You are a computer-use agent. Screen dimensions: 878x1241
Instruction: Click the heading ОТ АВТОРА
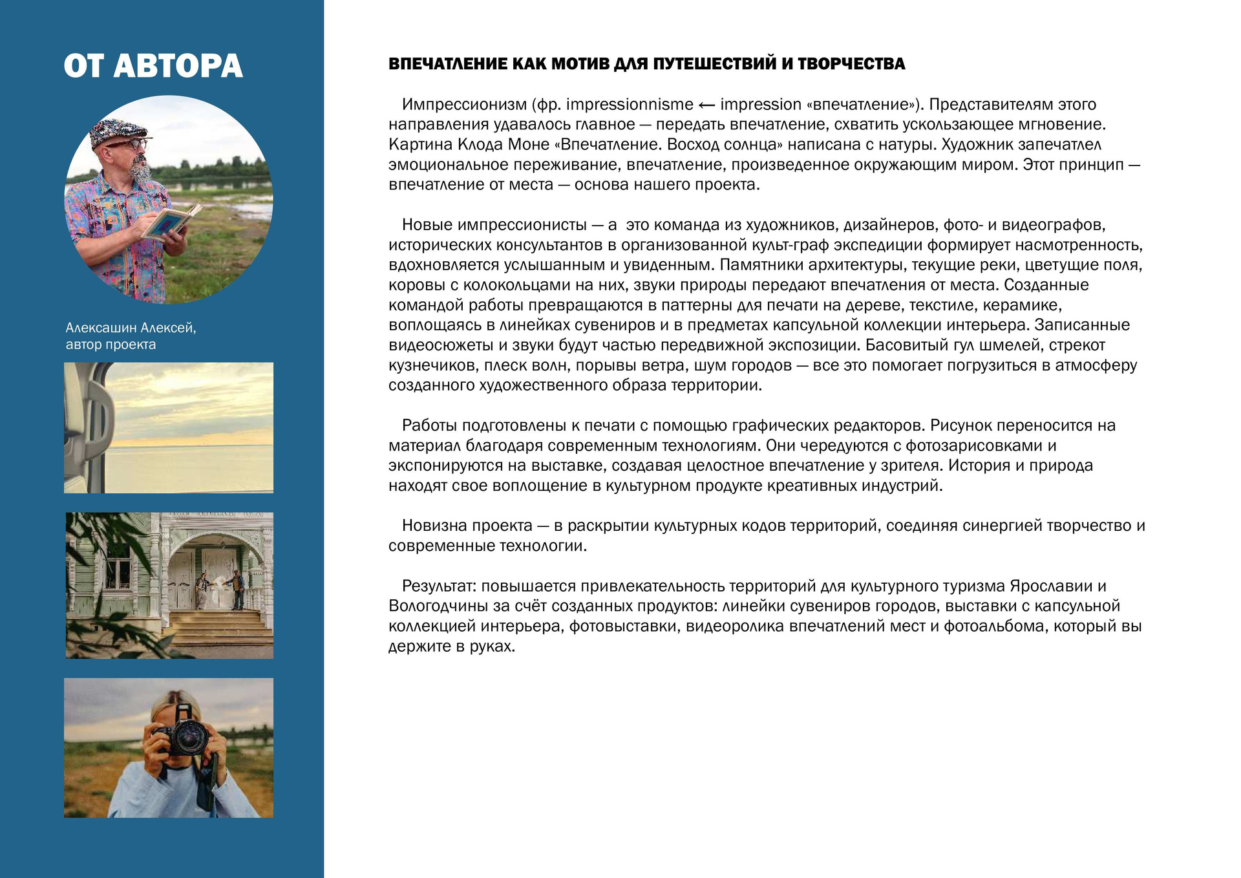pos(153,67)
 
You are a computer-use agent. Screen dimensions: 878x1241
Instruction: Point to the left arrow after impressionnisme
pos(706,105)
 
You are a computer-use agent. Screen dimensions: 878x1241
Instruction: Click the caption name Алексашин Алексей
pos(131,328)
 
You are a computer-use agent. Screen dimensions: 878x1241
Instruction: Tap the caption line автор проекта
pos(111,345)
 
